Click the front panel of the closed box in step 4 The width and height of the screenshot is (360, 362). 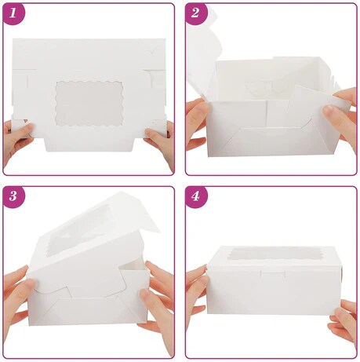coord(271,291)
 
